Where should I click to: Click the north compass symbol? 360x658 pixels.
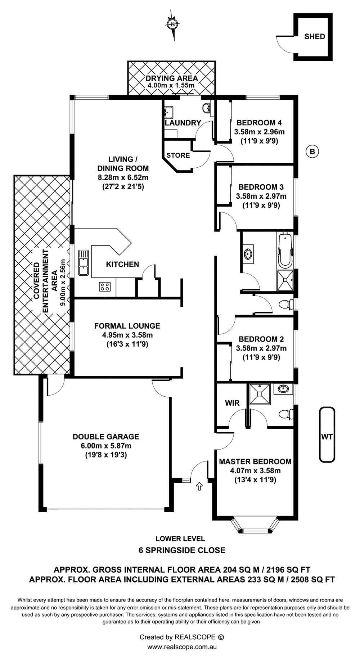click(x=173, y=24)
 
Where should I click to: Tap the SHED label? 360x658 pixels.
click(x=315, y=36)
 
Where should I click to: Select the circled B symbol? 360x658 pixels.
click(x=312, y=152)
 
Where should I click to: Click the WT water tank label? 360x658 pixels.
click(x=327, y=437)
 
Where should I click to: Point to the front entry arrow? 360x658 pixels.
click(x=199, y=487)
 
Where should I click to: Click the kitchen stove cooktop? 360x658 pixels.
click(x=105, y=287)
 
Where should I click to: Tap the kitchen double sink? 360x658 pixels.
click(x=84, y=262)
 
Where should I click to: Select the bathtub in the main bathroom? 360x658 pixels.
click(x=285, y=250)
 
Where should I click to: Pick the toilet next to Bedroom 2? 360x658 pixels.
click(x=286, y=305)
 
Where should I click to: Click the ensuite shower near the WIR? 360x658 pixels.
click(x=259, y=394)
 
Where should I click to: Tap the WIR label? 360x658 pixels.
click(x=232, y=403)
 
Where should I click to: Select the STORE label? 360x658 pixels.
click(x=178, y=155)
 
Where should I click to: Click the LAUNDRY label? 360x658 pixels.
click(x=183, y=123)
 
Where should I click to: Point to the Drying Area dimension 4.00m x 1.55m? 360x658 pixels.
click(x=171, y=86)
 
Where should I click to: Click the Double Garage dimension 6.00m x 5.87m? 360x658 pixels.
click(x=106, y=446)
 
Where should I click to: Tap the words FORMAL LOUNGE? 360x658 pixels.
click(x=127, y=326)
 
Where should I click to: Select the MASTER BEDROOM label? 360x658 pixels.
click(x=255, y=461)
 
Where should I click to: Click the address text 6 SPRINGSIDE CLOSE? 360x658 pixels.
click(x=182, y=550)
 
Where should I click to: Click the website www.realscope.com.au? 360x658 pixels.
click(x=182, y=646)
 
